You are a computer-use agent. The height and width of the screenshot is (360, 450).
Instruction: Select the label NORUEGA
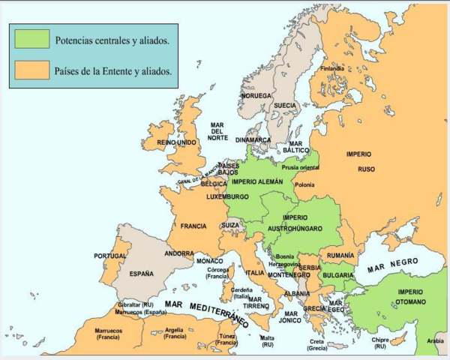(256, 96)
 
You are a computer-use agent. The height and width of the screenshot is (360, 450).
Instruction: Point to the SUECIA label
(284, 105)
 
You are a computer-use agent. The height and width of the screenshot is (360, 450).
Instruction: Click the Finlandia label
(331, 68)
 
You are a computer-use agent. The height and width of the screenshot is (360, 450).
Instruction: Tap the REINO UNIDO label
(176, 142)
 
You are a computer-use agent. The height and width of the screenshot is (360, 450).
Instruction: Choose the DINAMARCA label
(253, 139)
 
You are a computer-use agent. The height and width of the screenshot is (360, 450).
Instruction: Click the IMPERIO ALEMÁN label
(257, 181)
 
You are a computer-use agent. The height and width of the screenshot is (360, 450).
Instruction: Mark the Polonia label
(304, 184)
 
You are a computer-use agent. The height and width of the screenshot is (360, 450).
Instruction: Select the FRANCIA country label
(193, 225)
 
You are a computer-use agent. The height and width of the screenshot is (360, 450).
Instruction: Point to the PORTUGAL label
(110, 256)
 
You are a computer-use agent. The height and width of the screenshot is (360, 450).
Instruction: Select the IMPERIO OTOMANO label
(410, 296)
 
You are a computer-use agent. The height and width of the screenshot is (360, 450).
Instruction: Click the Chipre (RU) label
(379, 343)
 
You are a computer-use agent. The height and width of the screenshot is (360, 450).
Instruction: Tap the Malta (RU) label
(267, 342)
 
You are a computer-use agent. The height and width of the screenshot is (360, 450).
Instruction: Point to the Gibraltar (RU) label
(136, 305)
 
